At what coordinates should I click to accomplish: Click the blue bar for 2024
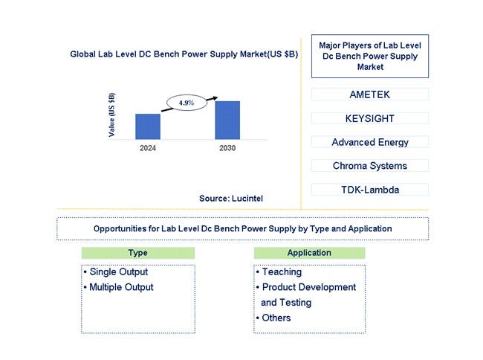pyautogui.click(x=148, y=126)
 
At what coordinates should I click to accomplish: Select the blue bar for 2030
pyautogui.click(x=227, y=120)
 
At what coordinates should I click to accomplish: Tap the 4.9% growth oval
pyautogui.click(x=187, y=103)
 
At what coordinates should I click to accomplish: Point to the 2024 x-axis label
pyautogui.click(x=148, y=148)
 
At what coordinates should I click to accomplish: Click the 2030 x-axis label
pyautogui.click(x=227, y=148)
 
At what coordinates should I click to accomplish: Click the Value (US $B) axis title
pyautogui.click(x=111, y=115)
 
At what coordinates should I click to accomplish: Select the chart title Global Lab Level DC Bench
pyautogui.click(x=184, y=54)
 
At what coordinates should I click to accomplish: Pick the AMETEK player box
pyautogui.click(x=369, y=94)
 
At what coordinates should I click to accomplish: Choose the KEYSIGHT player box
pyautogui.click(x=369, y=118)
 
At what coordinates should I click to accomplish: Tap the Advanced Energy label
pyautogui.click(x=370, y=142)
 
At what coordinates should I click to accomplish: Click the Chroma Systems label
pyautogui.click(x=370, y=166)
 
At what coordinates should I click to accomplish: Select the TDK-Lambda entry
pyautogui.click(x=370, y=190)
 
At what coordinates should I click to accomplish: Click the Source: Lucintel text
pyautogui.click(x=231, y=199)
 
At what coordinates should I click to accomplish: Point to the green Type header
pyautogui.click(x=138, y=253)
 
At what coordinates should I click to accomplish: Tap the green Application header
pyautogui.click(x=309, y=253)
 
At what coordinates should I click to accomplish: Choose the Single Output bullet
pyautogui.click(x=116, y=271)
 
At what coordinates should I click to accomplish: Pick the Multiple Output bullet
pyautogui.click(x=119, y=287)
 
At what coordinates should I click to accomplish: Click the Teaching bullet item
pyautogui.click(x=279, y=271)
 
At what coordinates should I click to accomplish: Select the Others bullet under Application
pyautogui.click(x=273, y=318)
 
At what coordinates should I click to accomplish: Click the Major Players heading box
pyautogui.click(x=369, y=56)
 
